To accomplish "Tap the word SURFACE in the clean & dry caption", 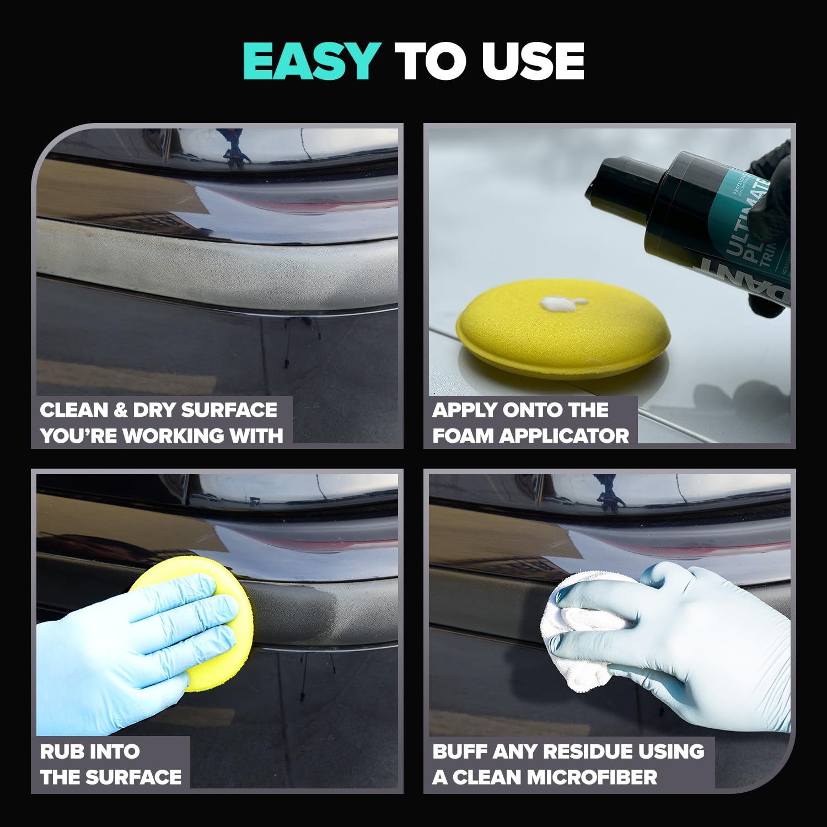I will [229, 410].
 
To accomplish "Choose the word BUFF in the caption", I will [460, 751].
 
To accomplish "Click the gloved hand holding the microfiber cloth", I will [689, 640].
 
